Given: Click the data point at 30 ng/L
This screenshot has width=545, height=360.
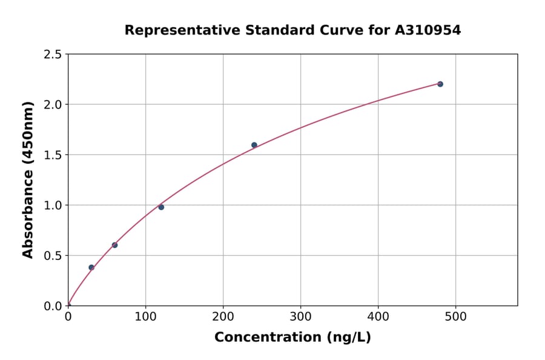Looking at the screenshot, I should coord(91,267).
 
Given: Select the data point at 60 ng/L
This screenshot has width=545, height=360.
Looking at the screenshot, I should coord(114,245).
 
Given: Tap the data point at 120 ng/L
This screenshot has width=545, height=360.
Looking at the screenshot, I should coord(161,207).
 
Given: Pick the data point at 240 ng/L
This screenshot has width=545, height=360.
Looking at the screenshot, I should coord(254,145).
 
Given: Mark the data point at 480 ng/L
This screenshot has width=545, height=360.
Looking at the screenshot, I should coord(440,84).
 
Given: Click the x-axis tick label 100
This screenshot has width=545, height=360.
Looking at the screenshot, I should coord(145,316).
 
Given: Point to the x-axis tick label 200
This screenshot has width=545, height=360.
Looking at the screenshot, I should coord(223,316).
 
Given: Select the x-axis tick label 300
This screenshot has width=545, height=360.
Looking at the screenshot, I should coord(300,316).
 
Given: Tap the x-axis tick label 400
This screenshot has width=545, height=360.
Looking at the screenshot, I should coord(378,316).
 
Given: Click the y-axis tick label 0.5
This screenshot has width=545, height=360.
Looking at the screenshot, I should coord(53,256).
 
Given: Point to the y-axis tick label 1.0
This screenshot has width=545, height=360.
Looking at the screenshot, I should coord(53,205).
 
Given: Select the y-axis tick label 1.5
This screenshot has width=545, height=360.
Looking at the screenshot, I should coord(53,155).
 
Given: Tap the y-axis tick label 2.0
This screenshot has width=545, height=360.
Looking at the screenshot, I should coord(53,105).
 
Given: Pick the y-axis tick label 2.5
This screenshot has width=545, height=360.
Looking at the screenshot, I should coord(53,55).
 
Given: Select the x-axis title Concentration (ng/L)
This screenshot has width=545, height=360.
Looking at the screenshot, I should coord(292,337).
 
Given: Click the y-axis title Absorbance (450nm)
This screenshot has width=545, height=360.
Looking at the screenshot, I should coord(28,179).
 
